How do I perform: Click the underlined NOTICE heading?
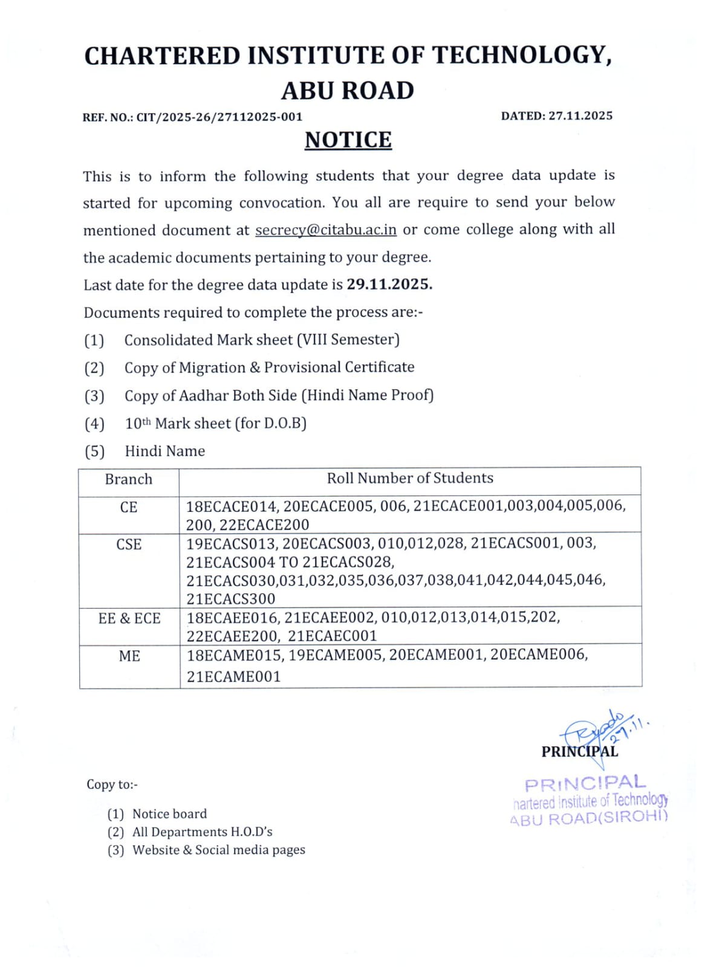(348, 140)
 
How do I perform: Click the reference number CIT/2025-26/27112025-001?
(219, 117)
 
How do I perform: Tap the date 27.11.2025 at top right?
(580, 115)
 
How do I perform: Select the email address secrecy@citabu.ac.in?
(326, 230)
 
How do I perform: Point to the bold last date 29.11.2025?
(389, 284)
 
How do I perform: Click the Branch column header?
(128, 479)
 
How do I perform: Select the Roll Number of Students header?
(410, 478)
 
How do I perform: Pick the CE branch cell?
(128, 507)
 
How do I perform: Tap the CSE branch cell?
(129, 545)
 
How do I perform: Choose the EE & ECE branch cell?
(129, 618)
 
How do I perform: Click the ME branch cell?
(129, 656)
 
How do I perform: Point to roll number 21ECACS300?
(230, 599)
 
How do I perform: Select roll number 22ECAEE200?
(233, 636)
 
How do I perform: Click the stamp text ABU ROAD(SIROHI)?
(589, 819)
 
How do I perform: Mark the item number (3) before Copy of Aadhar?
(94, 396)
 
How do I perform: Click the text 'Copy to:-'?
(112, 784)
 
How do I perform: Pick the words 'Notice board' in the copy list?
(169, 814)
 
